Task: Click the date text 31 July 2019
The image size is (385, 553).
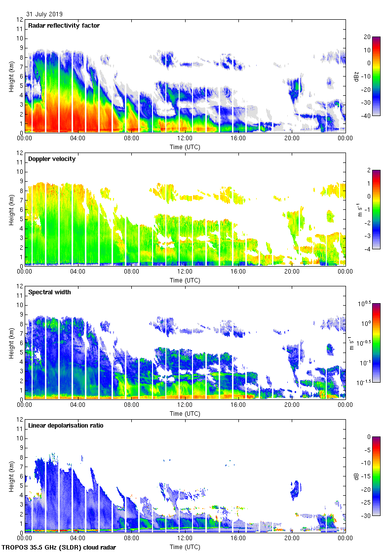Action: coord(44,14)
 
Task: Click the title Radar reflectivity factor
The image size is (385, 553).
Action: coord(64,26)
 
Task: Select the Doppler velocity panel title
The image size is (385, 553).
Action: coord(52,159)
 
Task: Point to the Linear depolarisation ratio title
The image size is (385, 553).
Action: coord(66,426)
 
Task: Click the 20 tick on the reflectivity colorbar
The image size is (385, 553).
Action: coord(367,37)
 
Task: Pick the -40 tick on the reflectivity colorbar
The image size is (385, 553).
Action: coord(367,116)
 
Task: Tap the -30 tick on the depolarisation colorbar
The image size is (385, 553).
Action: coord(367,516)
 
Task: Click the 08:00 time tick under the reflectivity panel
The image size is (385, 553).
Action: coord(131,139)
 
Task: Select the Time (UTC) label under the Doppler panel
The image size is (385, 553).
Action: coord(185,280)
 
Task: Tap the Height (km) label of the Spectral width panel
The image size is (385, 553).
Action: coord(11,343)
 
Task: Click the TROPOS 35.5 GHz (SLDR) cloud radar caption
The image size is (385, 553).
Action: coord(60,548)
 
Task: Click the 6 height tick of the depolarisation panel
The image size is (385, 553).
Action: coord(21,475)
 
